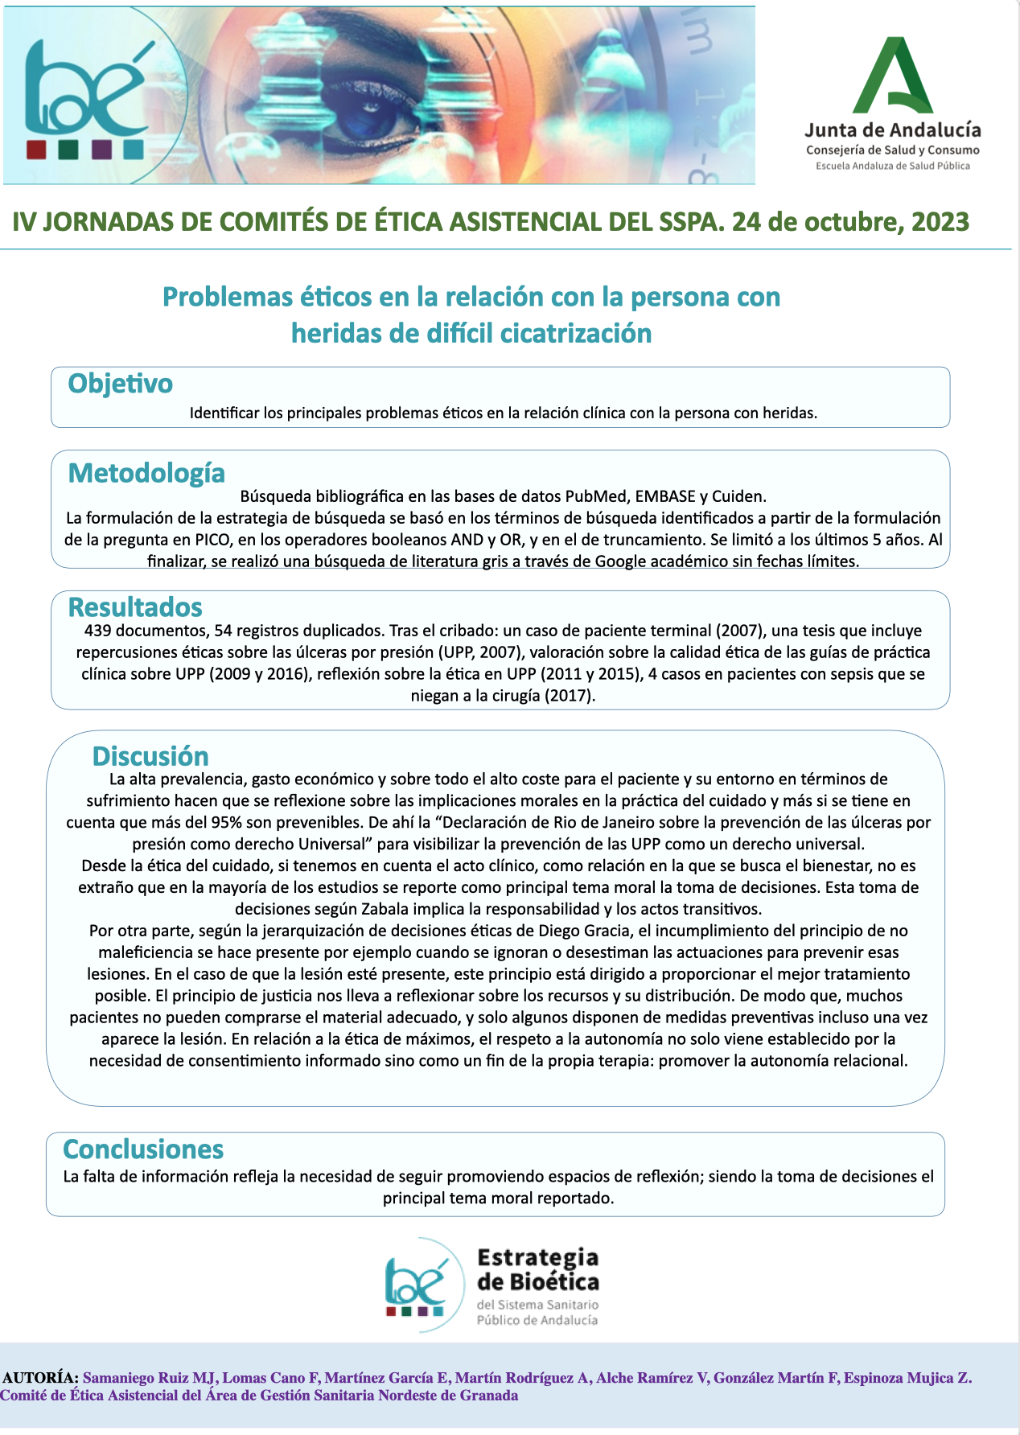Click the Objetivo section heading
coord(120,384)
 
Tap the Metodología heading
coord(146,473)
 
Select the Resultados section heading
coord(134,607)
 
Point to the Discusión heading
coord(150,756)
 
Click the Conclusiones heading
coord(143,1149)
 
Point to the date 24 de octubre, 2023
coord(850,222)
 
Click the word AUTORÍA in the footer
coord(40,1378)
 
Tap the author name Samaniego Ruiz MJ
coord(150,1378)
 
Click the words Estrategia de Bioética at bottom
coord(537,1269)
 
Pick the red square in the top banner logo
coord(36,150)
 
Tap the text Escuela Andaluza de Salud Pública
coord(893,166)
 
